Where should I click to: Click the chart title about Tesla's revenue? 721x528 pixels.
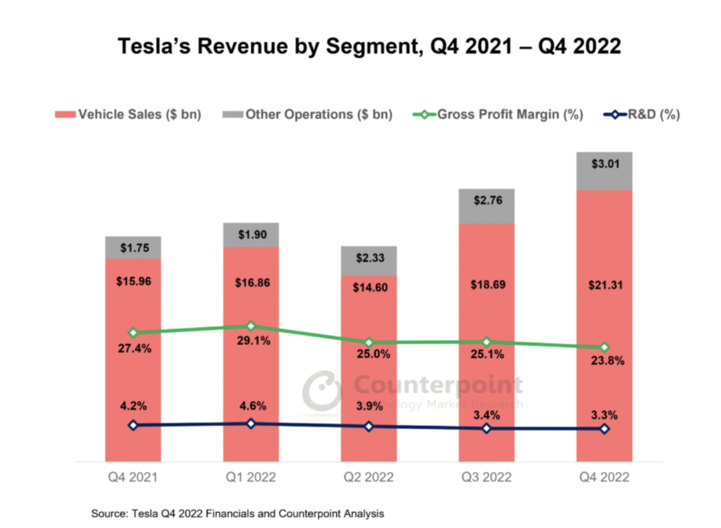point(369,46)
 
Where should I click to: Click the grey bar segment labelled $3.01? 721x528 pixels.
point(604,171)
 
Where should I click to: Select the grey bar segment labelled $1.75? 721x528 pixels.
point(133,247)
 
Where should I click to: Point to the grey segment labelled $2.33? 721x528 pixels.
point(369,261)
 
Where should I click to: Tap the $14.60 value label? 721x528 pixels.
point(369,287)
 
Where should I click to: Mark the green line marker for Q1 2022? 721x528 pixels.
point(251,326)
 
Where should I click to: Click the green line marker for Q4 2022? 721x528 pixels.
point(604,348)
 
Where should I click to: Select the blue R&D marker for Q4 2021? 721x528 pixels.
point(133,425)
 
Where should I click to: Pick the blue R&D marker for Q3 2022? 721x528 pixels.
point(486,428)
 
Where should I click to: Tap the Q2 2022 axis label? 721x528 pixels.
point(369,478)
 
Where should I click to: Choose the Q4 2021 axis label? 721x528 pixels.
point(133,478)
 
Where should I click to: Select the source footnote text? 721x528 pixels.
point(238,514)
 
